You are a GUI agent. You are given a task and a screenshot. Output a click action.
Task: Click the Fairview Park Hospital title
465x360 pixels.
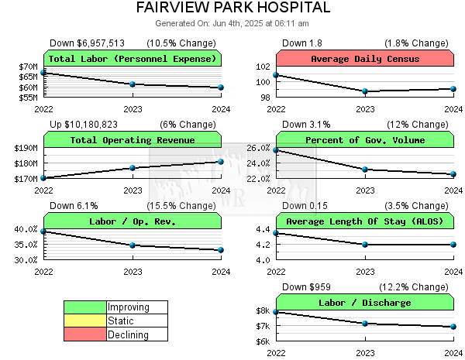pos(232,8)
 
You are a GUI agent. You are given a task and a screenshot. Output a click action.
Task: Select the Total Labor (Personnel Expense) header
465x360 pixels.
pos(133,59)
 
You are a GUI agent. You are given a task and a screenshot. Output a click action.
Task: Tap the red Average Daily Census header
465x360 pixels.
pos(365,59)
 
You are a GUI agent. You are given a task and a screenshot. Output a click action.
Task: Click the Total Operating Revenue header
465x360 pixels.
pos(133,140)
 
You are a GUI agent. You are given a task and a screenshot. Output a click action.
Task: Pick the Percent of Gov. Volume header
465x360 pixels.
pos(365,140)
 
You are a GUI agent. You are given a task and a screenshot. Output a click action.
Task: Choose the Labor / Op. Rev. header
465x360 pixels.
pos(133,221)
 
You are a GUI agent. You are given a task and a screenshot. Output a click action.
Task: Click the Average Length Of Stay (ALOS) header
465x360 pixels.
pos(365,221)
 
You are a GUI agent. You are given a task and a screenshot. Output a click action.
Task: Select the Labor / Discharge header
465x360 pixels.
pos(365,303)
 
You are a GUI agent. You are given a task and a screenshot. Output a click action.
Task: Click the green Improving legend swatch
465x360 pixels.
pos(85,307)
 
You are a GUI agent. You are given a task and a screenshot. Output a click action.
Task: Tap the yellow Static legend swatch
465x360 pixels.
pos(85,321)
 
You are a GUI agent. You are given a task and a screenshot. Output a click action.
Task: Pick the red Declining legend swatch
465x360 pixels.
pos(85,334)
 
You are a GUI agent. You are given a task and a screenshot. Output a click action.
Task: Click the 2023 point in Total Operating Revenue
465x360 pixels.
pos(133,167)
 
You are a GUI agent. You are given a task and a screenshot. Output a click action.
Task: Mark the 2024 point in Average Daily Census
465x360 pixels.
pos(453,88)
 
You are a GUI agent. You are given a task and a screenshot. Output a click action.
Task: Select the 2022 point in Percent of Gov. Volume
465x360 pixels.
pos(277,149)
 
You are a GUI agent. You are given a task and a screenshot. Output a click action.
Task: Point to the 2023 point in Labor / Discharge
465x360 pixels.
pos(365,323)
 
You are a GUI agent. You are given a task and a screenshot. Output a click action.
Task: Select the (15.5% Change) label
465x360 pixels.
pos(187,206)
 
